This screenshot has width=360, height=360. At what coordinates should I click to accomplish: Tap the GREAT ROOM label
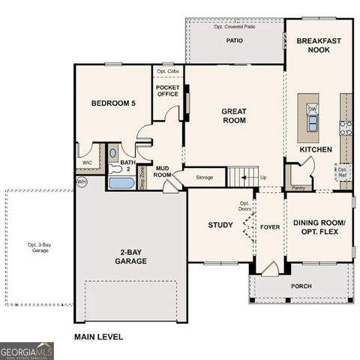click(234, 116)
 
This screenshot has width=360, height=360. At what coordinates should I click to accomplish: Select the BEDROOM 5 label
click(112, 103)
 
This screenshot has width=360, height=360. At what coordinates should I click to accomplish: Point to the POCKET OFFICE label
click(168, 91)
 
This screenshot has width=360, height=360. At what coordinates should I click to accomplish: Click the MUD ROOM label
click(163, 172)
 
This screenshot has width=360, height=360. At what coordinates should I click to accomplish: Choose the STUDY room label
click(221, 225)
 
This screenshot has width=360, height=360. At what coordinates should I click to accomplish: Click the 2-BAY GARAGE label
click(130, 256)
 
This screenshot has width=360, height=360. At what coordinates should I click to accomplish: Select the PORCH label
click(302, 286)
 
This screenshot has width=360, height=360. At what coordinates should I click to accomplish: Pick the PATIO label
click(235, 41)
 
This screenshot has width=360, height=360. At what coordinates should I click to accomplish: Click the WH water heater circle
click(81, 181)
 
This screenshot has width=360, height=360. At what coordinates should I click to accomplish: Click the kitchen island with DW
click(307, 117)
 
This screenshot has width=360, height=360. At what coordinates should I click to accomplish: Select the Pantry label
click(298, 187)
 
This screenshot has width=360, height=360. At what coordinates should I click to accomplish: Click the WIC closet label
click(87, 162)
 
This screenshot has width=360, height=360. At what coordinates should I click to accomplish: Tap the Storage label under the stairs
click(205, 178)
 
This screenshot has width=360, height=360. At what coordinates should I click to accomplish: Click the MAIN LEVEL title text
click(98, 337)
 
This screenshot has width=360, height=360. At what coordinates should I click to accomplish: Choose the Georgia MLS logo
click(27, 350)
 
